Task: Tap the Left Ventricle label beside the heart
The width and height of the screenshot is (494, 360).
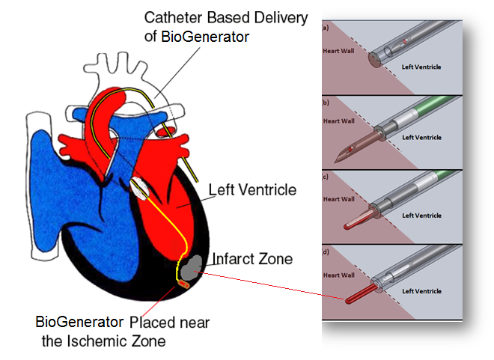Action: coord(252,190)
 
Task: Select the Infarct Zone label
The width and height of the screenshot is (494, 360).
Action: coord(253,259)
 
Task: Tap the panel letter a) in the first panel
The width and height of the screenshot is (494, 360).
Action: coord(326,28)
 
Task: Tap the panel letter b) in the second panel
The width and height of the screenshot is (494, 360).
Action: coord(326,103)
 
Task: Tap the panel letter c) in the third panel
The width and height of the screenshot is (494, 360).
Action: coord(326,177)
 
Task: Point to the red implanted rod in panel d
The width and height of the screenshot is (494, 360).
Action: coord(359,296)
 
